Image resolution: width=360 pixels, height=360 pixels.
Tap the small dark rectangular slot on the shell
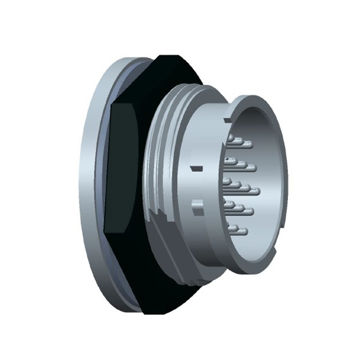coord(196,168)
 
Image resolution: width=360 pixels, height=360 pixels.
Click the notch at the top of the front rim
coord(228,120)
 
